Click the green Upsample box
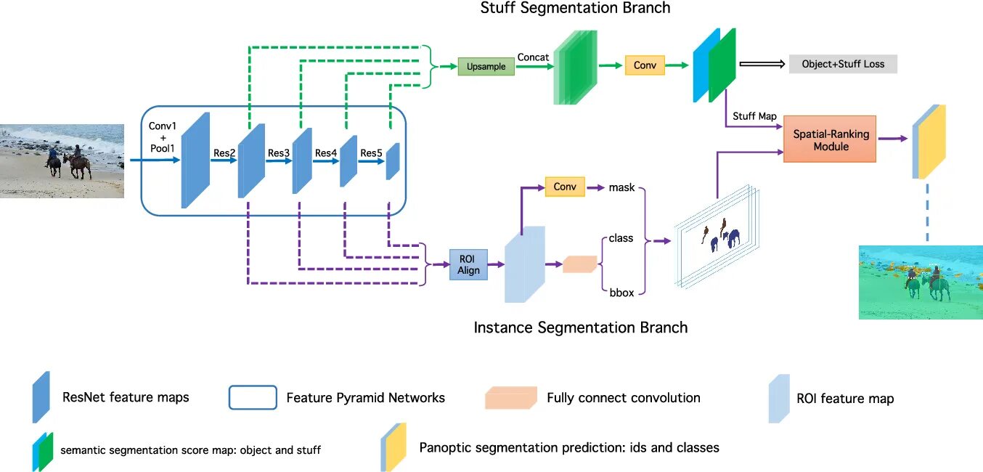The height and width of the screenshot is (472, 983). (486, 66)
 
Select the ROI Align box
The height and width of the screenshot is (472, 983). (468, 265)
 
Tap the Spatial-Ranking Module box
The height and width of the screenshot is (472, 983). (830, 139)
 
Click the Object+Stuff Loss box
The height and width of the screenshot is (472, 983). (843, 64)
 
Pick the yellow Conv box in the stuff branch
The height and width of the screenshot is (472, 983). (645, 65)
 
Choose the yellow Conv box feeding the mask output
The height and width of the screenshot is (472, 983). (565, 187)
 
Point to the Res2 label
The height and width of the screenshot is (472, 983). (224, 152)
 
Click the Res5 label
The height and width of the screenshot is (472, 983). (371, 152)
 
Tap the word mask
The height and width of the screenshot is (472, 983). (621, 187)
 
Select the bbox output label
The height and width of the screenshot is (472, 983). (621, 293)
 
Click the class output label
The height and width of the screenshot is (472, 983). (621, 238)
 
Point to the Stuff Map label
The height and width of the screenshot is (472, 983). (754, 116)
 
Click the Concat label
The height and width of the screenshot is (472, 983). (533, 57)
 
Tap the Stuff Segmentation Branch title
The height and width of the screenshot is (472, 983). (575, 8)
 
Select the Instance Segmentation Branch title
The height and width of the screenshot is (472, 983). (581, 327)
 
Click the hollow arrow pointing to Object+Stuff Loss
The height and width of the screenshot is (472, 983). (762, 64)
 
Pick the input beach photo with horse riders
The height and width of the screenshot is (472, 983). (62, 161)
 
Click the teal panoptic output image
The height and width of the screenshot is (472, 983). (921, 282)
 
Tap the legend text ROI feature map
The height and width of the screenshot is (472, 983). (845, 398)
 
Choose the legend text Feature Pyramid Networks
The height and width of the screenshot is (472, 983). (366, 398)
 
